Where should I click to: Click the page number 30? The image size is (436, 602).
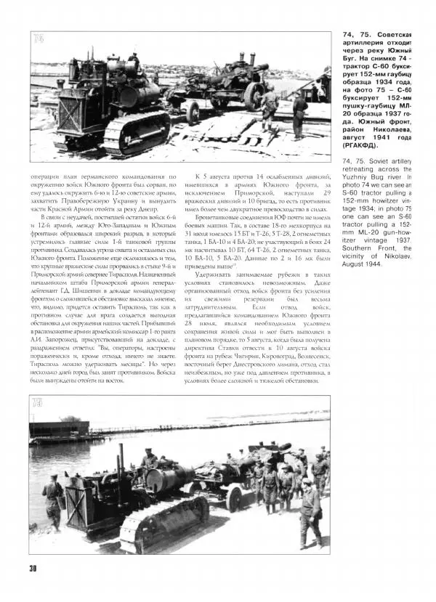[x=33, y=567]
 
